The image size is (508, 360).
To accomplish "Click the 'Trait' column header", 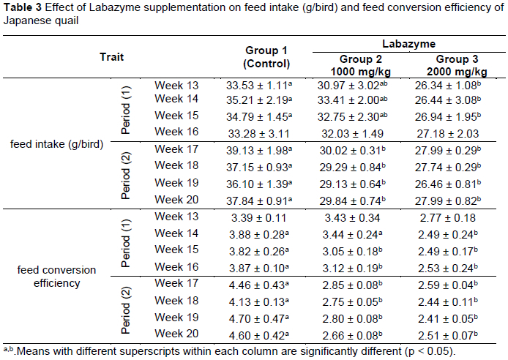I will click(111, 56).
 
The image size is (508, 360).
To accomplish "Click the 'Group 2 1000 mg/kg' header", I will click(359, 65).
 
